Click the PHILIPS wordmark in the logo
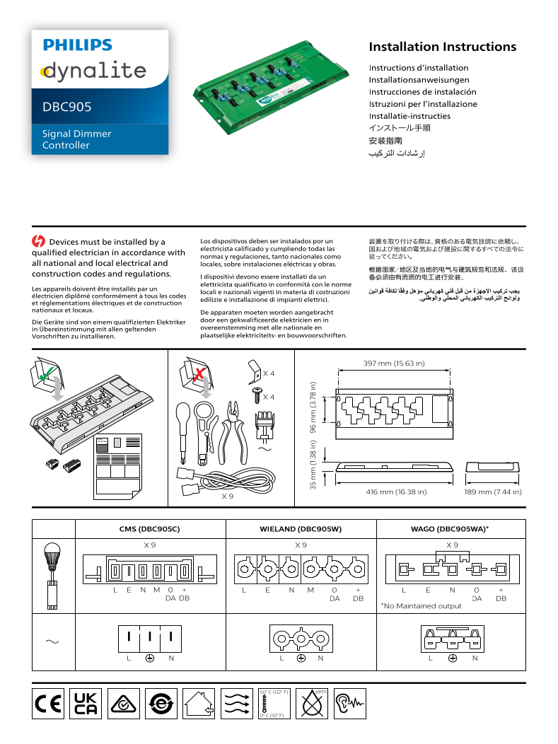[78, 45]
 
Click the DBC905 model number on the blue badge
[66, 107]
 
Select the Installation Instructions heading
[442, 47]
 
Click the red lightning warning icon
[39, 242]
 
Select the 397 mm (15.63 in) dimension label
[394, 364]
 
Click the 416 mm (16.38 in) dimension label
[396, 492]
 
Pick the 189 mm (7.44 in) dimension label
[493, 492]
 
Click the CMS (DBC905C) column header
[150, 528]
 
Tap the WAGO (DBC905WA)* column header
[451, 528]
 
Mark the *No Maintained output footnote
[421, 605]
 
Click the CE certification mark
[48, 704]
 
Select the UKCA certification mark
[86, 704]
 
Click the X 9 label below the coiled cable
[228, 496]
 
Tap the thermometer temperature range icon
[274, 704]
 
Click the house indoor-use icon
[199, 704]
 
